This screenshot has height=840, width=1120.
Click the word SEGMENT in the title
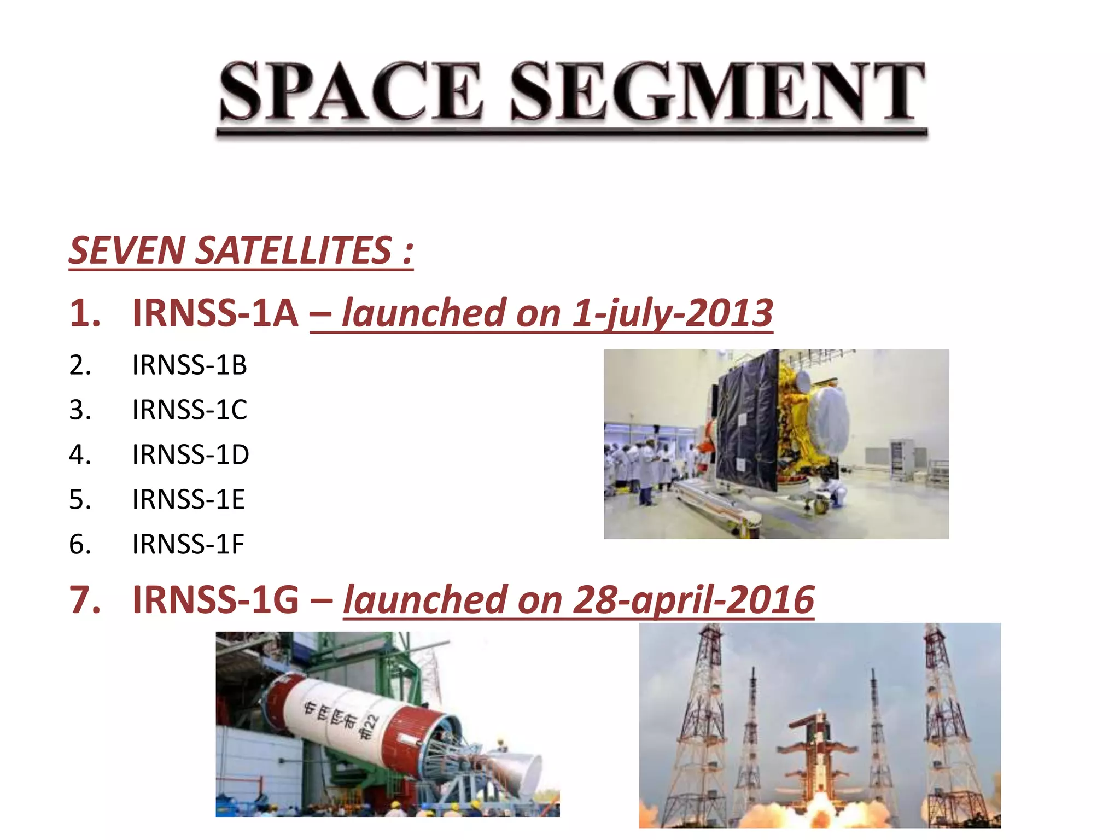(x=717, y=91)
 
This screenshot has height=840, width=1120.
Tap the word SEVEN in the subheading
(x=127, y=250)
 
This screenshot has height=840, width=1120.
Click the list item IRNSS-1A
(x=215, y=313)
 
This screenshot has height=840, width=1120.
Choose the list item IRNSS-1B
(x=189, y=365)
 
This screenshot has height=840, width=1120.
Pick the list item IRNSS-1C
(x=189, y=410)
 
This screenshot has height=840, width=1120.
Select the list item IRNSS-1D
(x=190, y=454)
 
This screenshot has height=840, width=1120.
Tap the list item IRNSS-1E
(x=188, y=499)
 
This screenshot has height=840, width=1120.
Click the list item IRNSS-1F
(x=188, y=544)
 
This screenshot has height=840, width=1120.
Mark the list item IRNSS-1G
(x=215, y=600)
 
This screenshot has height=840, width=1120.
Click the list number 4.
(x=80, y=454)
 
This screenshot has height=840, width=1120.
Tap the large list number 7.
(x=85, y=600)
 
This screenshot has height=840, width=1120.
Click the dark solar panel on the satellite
(x=747, y=421)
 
